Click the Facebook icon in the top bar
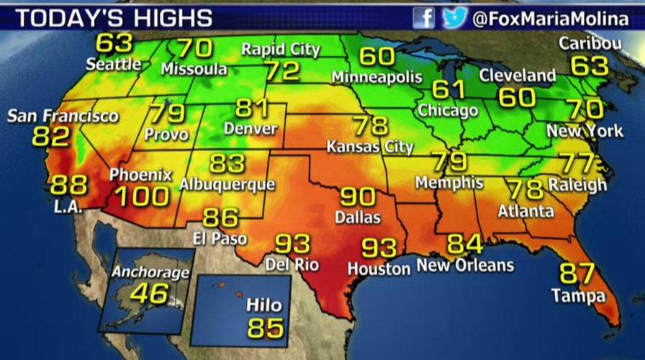[x=425, y=17]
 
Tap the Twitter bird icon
[x=453, y=17]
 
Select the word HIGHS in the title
[x=168, y=18]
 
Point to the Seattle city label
[x=114, y=64]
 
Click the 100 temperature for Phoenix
[x=142, y=196]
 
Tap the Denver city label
[x=251, y=129]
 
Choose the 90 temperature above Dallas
[x=358, y=196]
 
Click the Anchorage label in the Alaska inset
[x=150, y=273]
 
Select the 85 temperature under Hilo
[x=266, y=328]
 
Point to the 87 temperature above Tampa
[x=578, y=274]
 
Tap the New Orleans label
[x=466, y=266]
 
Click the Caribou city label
[x=590, y=44]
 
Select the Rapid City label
[x=281, y=50]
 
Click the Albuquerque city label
[x=227, y=184]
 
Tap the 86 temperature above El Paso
[x=221, y=217]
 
